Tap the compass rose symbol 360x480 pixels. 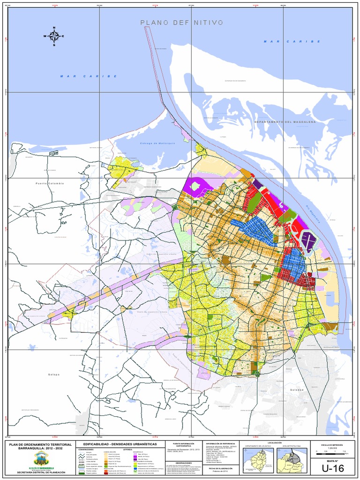tap(54, 36)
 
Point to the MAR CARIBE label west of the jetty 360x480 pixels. tap(88, 76)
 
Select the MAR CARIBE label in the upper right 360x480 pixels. tap(292, 41)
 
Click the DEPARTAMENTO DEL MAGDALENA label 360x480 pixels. tap(285, 121)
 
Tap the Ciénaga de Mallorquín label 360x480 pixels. tap(157, 143)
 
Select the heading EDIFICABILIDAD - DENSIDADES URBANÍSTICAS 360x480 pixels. tap(120, 443)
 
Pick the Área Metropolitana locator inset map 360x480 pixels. tap(292, 461)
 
